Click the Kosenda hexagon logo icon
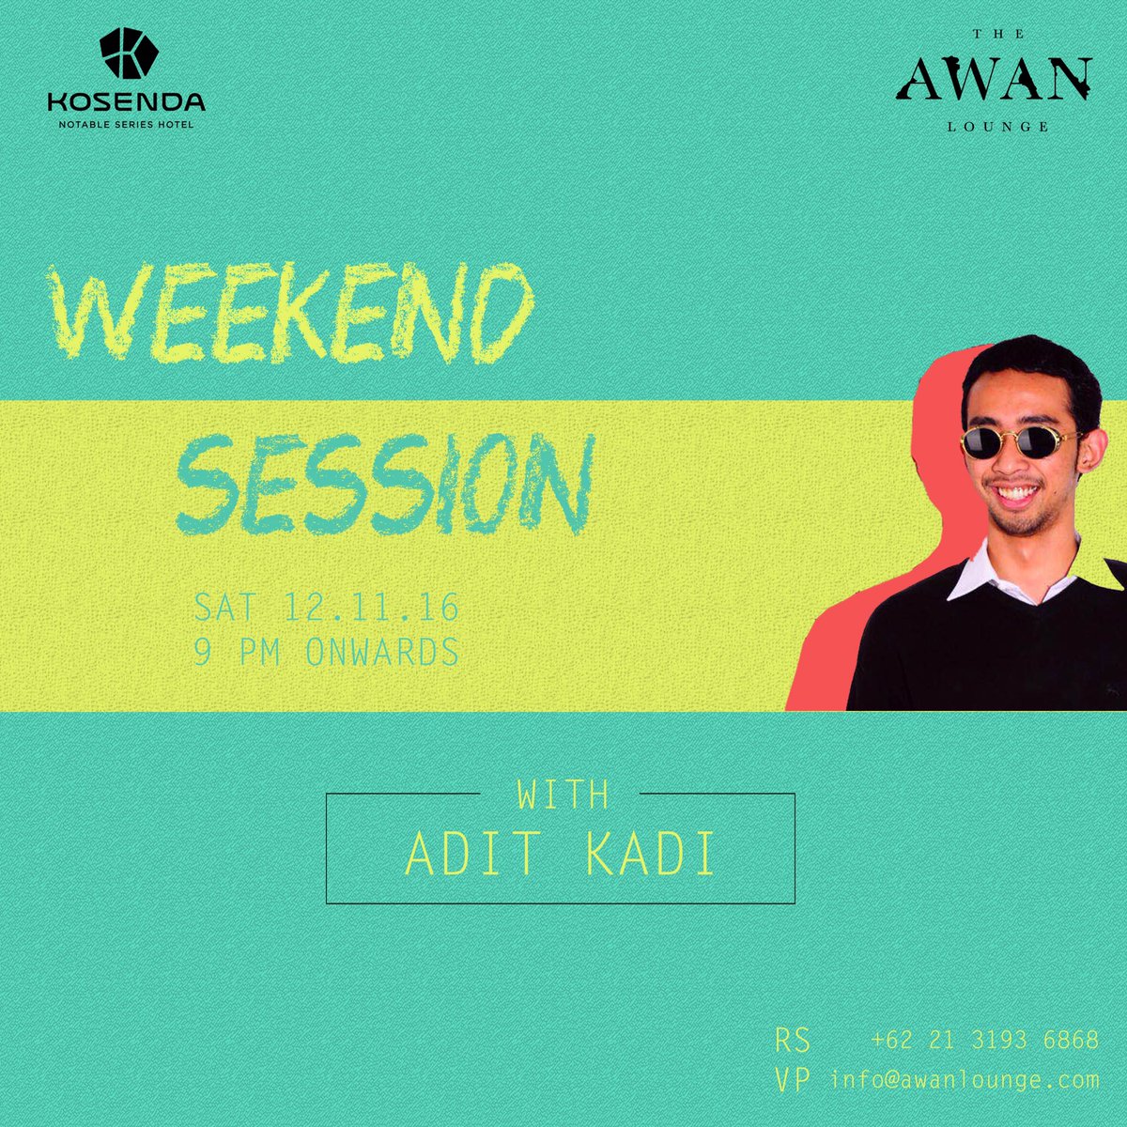point(127,54)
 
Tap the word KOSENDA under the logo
point(127,101)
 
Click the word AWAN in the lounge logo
point(995,82)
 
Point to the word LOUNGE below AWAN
point(995,126)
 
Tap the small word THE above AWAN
point(995,35)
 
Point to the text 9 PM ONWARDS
point(326,652)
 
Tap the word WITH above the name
point(562,795)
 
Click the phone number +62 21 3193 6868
point(984,1041)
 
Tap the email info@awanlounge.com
point(965,1080)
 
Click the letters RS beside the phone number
point(792,1041)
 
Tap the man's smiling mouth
point(1017,492)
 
